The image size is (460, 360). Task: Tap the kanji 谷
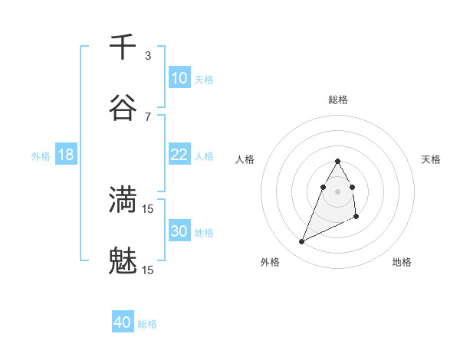pos(123,108)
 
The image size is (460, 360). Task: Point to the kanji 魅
pos(123,261)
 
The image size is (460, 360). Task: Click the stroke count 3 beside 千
pos(148,55)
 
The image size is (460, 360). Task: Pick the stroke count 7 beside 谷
pos(148,116)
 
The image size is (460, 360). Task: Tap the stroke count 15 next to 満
pos(148,208)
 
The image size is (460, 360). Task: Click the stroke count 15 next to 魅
pos(148,270)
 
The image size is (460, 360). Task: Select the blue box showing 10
pos(179,77)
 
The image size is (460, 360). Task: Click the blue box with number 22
pos(179,155)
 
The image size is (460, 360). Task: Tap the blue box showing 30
pos(179,231)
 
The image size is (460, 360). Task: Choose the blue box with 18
pos(66,155)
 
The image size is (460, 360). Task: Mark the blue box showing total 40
pos(123,322)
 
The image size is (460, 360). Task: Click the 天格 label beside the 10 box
pos(204,79)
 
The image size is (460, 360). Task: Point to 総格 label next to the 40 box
pos(148,324)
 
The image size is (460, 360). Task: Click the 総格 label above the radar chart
pos(338,100)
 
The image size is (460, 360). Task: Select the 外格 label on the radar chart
pos(270,262)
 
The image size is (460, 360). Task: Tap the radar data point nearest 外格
pos(301,242)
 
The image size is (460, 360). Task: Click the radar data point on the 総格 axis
pos(337,161)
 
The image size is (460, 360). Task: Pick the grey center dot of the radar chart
pos(337,191)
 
